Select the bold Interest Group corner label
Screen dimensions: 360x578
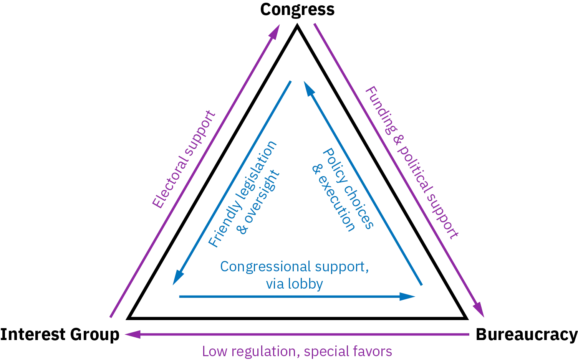(60, 334)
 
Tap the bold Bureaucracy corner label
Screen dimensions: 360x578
(527, 334)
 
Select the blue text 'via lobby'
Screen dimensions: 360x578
(294, 284)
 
